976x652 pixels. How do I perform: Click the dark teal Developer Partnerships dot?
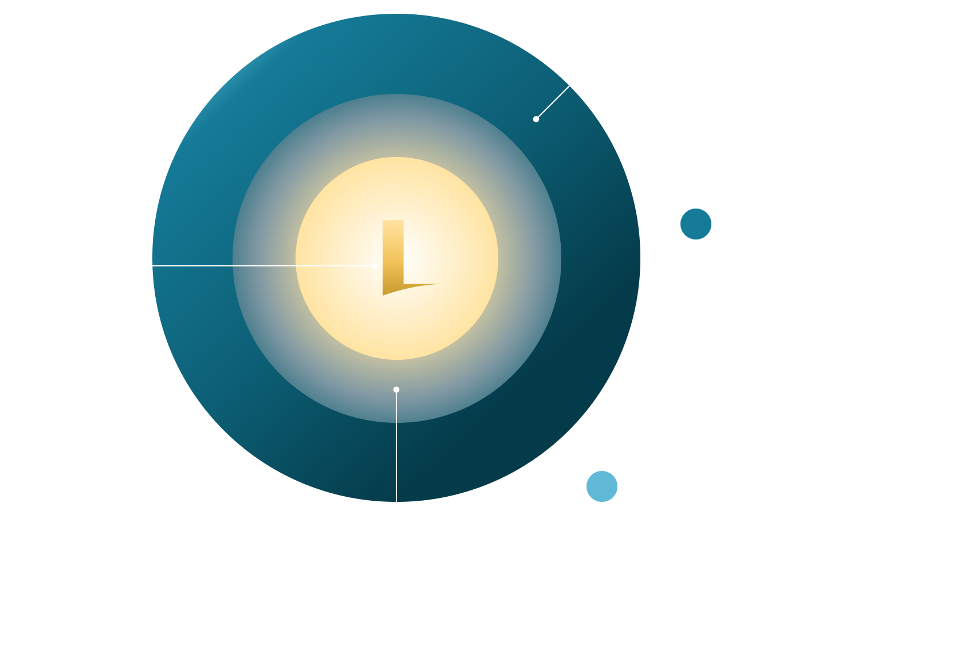(x=696, y=224)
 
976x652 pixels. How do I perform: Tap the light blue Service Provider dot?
(x=602, y=486)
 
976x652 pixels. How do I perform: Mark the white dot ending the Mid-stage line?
(x=536, y=119)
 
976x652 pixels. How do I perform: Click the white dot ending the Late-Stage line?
(x=396, y=390)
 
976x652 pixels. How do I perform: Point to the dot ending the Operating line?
(x=374, y=266)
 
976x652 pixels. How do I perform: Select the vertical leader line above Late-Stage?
(x=396, y=487)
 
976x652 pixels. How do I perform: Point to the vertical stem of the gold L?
(x=393, y=246)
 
